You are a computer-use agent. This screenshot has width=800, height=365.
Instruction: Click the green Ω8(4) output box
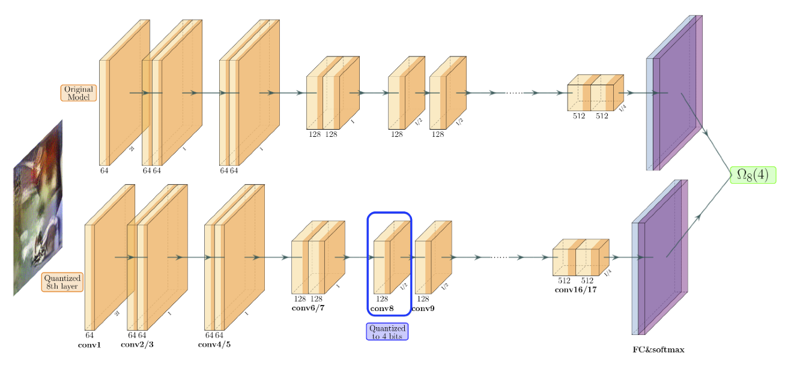(x=753, y=175)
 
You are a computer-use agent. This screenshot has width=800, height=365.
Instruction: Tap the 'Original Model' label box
(x=79, y=93)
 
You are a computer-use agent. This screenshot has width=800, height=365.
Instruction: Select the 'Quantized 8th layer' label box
(x=63, y=282)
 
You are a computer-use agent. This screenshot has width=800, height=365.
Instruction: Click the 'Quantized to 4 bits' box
(x=387, y=332)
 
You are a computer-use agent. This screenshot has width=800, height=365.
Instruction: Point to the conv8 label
(x=382, y=309)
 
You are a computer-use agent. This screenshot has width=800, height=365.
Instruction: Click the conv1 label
(x=89, y=345)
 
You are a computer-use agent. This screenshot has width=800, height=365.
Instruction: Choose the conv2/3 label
(x=137, y=345)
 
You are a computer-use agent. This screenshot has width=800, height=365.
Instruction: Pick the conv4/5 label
(x=214, y=345)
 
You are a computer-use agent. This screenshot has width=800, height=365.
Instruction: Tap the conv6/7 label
(x=308, y=309)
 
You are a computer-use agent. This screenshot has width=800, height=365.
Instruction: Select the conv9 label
(x=423, y=309)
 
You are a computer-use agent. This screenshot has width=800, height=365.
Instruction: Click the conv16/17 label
(x=576, y=290)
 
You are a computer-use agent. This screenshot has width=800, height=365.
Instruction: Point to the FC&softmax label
(x=658, y=349)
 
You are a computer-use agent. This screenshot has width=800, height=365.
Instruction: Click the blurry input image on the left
(x=38, y=207)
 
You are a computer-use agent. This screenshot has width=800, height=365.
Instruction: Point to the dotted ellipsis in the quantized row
(x=500, y=257)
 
